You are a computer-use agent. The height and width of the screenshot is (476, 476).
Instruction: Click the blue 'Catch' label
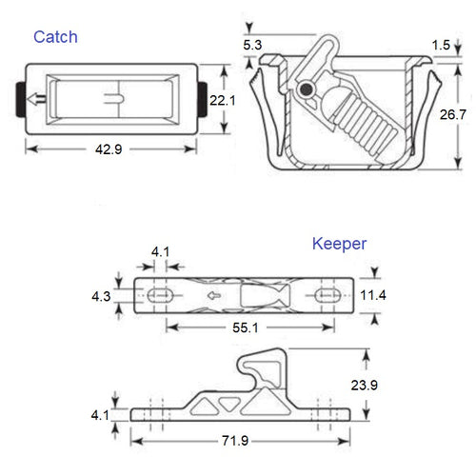[55, 37]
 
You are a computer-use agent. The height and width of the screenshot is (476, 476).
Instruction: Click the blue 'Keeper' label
[340, 244]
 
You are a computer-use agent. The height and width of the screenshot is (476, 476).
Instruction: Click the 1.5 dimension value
[440, 45]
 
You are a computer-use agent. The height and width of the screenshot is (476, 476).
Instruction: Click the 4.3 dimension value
[100, 296]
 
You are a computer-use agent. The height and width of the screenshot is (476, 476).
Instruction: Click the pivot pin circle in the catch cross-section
[306, 89]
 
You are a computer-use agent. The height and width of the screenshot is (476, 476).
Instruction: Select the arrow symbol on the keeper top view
[215, 295]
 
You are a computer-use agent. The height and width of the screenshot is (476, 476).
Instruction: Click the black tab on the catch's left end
[21, 98]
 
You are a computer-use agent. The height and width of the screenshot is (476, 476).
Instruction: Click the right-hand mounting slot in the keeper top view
[325, 295]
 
